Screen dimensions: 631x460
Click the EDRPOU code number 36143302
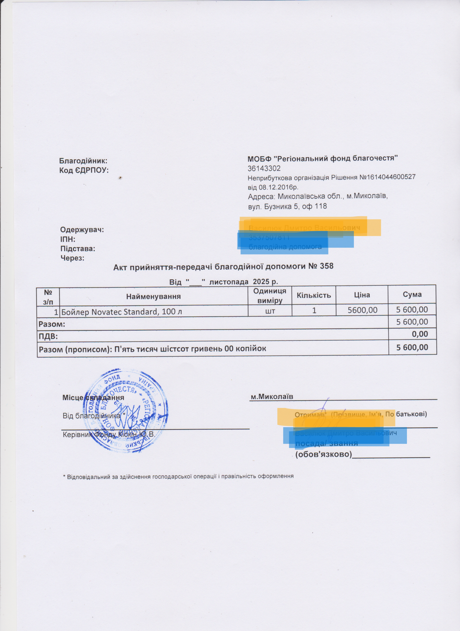coord(264,169)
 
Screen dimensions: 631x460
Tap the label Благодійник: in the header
coord(83,161)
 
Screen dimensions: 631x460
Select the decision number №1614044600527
coord(387,177)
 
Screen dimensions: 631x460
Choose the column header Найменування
coord(153,296)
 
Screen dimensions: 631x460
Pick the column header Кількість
coord(314,295)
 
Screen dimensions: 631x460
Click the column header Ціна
coord(362,295)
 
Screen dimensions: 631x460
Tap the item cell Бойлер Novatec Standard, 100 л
coord(122,312)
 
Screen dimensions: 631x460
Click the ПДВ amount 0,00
coord(420,334)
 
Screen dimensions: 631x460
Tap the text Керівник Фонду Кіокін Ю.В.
coord(109,434)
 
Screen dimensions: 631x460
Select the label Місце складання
coord(93,398)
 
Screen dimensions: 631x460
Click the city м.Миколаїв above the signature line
coord(272,396)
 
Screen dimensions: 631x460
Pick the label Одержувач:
coord(82,230)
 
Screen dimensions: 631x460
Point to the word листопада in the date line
coord(229,282)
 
